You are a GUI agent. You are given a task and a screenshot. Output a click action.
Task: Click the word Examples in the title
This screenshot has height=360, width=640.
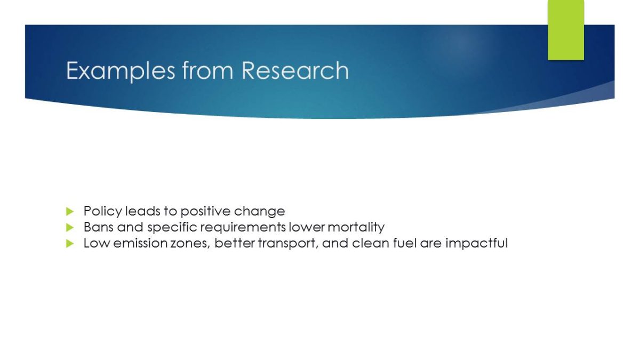(121, 71)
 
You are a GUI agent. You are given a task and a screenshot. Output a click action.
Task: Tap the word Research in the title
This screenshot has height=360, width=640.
(295, 70)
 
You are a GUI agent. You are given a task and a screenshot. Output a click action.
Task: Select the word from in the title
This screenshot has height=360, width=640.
(207, 70)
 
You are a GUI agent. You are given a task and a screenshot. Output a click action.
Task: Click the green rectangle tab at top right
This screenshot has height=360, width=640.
(566, 30)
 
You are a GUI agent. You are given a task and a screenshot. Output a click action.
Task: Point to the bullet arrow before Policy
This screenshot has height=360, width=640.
(70, 211)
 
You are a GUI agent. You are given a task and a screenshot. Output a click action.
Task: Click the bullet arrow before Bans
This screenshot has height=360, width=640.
(70, 227)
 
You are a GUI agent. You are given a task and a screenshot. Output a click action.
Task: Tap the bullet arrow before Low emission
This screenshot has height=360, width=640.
(70, 243)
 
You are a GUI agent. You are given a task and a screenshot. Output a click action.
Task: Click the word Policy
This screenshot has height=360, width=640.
(102, 212)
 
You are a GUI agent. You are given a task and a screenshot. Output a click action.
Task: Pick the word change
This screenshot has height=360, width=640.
(259, 212)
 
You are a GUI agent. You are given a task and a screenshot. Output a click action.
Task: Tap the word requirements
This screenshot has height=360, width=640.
(243, 228)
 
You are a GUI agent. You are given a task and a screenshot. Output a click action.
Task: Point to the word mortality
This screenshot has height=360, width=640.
(356, 228)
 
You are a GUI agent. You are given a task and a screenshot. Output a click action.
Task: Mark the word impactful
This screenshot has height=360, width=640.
(477, 244)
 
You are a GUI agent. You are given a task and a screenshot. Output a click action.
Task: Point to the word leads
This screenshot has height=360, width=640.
(142, 212)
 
